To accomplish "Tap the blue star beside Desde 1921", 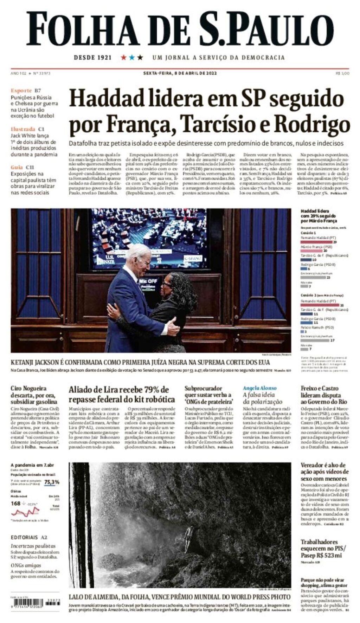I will click(132, 57).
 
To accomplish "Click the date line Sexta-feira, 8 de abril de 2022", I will click(180, 73).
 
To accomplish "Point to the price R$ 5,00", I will click(342, 73).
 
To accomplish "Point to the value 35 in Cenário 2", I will click(342, 305).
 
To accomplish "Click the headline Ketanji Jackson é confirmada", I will click(140, 362).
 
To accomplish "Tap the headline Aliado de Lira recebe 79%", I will click(121, 394).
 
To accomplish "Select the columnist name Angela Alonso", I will click(259, 388).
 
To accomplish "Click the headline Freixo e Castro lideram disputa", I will click(324, 395).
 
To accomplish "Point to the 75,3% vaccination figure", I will click(52, 482).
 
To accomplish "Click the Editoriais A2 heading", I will click(29, 537).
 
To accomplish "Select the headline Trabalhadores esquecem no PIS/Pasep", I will click(323, 549).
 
